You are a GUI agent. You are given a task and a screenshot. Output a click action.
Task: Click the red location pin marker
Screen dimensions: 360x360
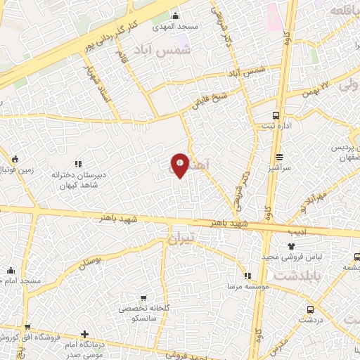[180, 165]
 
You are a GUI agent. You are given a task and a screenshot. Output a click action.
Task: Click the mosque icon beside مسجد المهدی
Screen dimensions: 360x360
[175, 15]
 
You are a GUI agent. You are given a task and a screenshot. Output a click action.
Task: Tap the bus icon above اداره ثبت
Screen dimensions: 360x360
[276, 115]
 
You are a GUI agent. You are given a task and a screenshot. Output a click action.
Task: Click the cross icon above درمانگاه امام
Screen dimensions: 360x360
[85, 333]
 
